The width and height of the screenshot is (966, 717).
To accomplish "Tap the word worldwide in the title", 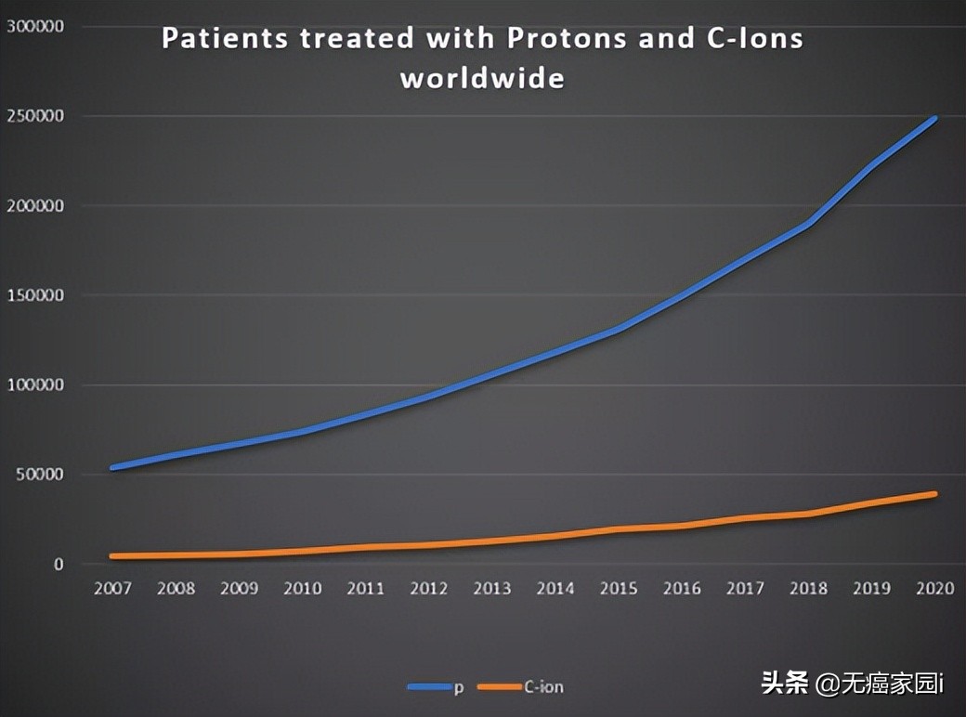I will pyautogui.click(x=482, y=77).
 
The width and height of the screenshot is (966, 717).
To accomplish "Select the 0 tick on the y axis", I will pyautogui.click(x=58, y=564).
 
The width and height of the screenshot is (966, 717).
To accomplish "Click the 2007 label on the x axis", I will pyautogui.click(x=112, y=589).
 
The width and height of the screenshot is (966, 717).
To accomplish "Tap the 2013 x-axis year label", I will pyautogui.click(x=492, y=589).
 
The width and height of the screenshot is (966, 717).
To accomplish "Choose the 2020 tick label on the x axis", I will pyautogui.click(x=934, y=589).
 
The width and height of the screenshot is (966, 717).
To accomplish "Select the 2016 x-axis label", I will pyautogui.click(x=682, y=589).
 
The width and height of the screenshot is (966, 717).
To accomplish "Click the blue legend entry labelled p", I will pyautogui.click(x=436, y=687).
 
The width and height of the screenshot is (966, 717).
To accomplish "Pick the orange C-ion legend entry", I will pyautogui.click(x=520, y=687).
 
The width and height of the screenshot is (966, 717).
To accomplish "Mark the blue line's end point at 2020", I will pyautogui.click(x=934, y=119).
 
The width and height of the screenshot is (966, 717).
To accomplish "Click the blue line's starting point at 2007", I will pyautogui.click(x=112, y=468).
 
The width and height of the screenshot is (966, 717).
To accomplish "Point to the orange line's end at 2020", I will pyautogui.click(x=934, y=494).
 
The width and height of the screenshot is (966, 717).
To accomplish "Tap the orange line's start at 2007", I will pyautogui.click(x=112, y=556).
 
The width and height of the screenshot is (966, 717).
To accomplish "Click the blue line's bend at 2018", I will pyautogui.click(x=809, y=225).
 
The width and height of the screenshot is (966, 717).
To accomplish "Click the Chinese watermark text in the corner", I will pyautogui.click(x=852, y=684).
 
